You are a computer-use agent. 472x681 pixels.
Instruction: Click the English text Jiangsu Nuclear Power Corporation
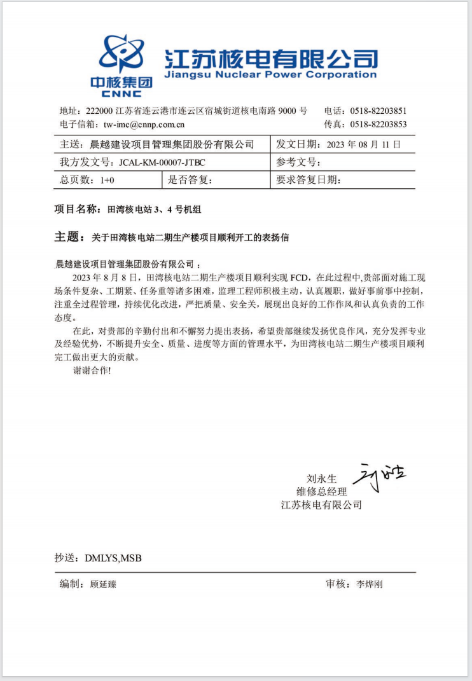tap(270, 75)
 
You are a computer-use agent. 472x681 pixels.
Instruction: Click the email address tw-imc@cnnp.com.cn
tap(144, 125)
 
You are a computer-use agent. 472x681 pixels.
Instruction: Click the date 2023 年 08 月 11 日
tap(363, 144)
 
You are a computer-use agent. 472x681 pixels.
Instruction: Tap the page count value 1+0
tap(108, 181)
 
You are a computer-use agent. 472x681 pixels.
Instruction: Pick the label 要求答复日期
tap(308, 181)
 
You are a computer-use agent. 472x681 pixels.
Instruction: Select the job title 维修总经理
tap(322, 492)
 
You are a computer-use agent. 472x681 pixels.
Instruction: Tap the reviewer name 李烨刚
tap(370, 584)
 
